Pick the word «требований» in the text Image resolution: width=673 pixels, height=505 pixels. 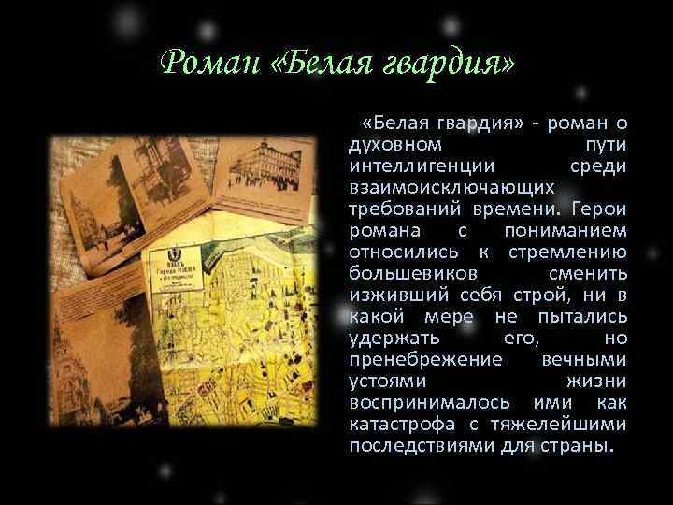point(403,209)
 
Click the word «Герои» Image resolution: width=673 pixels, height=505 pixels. point(600,209)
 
